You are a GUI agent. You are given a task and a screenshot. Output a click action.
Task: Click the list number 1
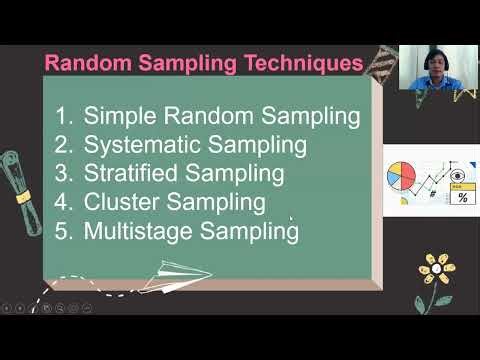pyautogui.click(x=65, y=115)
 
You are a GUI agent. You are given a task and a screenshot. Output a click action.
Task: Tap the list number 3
pyautogui.click(x=65, y=173)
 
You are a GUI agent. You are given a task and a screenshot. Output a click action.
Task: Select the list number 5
pyautogui.click(x=65, y=231)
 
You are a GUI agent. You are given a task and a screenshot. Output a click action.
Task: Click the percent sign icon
pyautogui.click(x=461, y=197)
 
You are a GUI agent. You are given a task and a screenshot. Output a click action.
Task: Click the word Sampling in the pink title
pyautogui.click(x=186, y=63)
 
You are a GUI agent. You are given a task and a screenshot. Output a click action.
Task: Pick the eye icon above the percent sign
pyautogui.click(x=459, y=173)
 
